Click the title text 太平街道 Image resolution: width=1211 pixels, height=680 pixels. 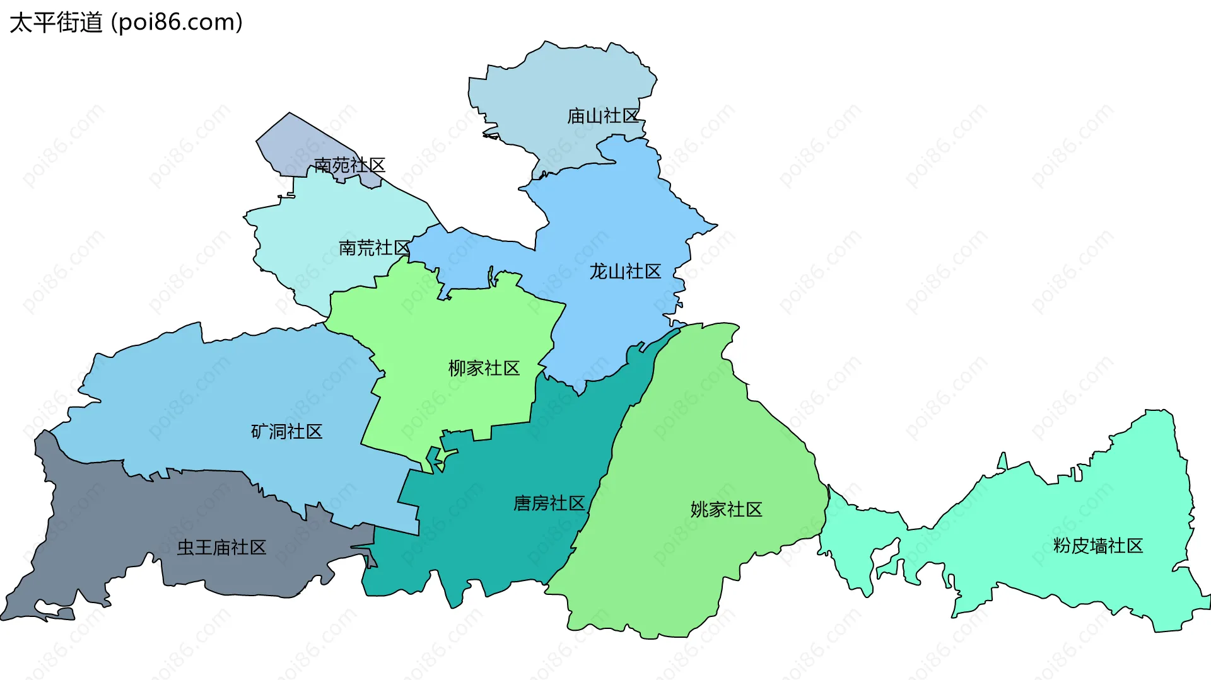pyautogui.click(x=56, y=23)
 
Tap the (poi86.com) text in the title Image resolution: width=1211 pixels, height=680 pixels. pyautogui.click(x=177, y=23)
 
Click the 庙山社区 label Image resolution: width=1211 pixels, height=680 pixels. pyautogui.click(x=603, y=116)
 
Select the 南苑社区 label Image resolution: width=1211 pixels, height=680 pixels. pyautogui.click(x=349, y=165)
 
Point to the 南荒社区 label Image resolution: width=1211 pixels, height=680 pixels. pyautogui.click(x=375, y=248)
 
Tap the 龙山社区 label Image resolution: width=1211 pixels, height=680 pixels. pyautogui.click(x=625, y=272)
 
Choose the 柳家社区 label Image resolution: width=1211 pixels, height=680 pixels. pyautogui.click(x=484, y=368)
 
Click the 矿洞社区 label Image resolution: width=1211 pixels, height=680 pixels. pyautogui.click(x=286, y=432)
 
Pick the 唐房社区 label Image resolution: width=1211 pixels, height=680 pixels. pyautogui.click(x=549, y=504)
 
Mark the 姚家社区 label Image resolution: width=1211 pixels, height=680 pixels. pyautogui.click(x=726, y=509)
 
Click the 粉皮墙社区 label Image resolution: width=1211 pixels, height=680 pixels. pyautogui.click(x=1097, y=546)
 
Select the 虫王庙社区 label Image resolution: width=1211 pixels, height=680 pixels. pyautogui.click(x=221, y=547)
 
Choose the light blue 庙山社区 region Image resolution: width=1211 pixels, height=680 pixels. pyautogui.click(x=555, y=82)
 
